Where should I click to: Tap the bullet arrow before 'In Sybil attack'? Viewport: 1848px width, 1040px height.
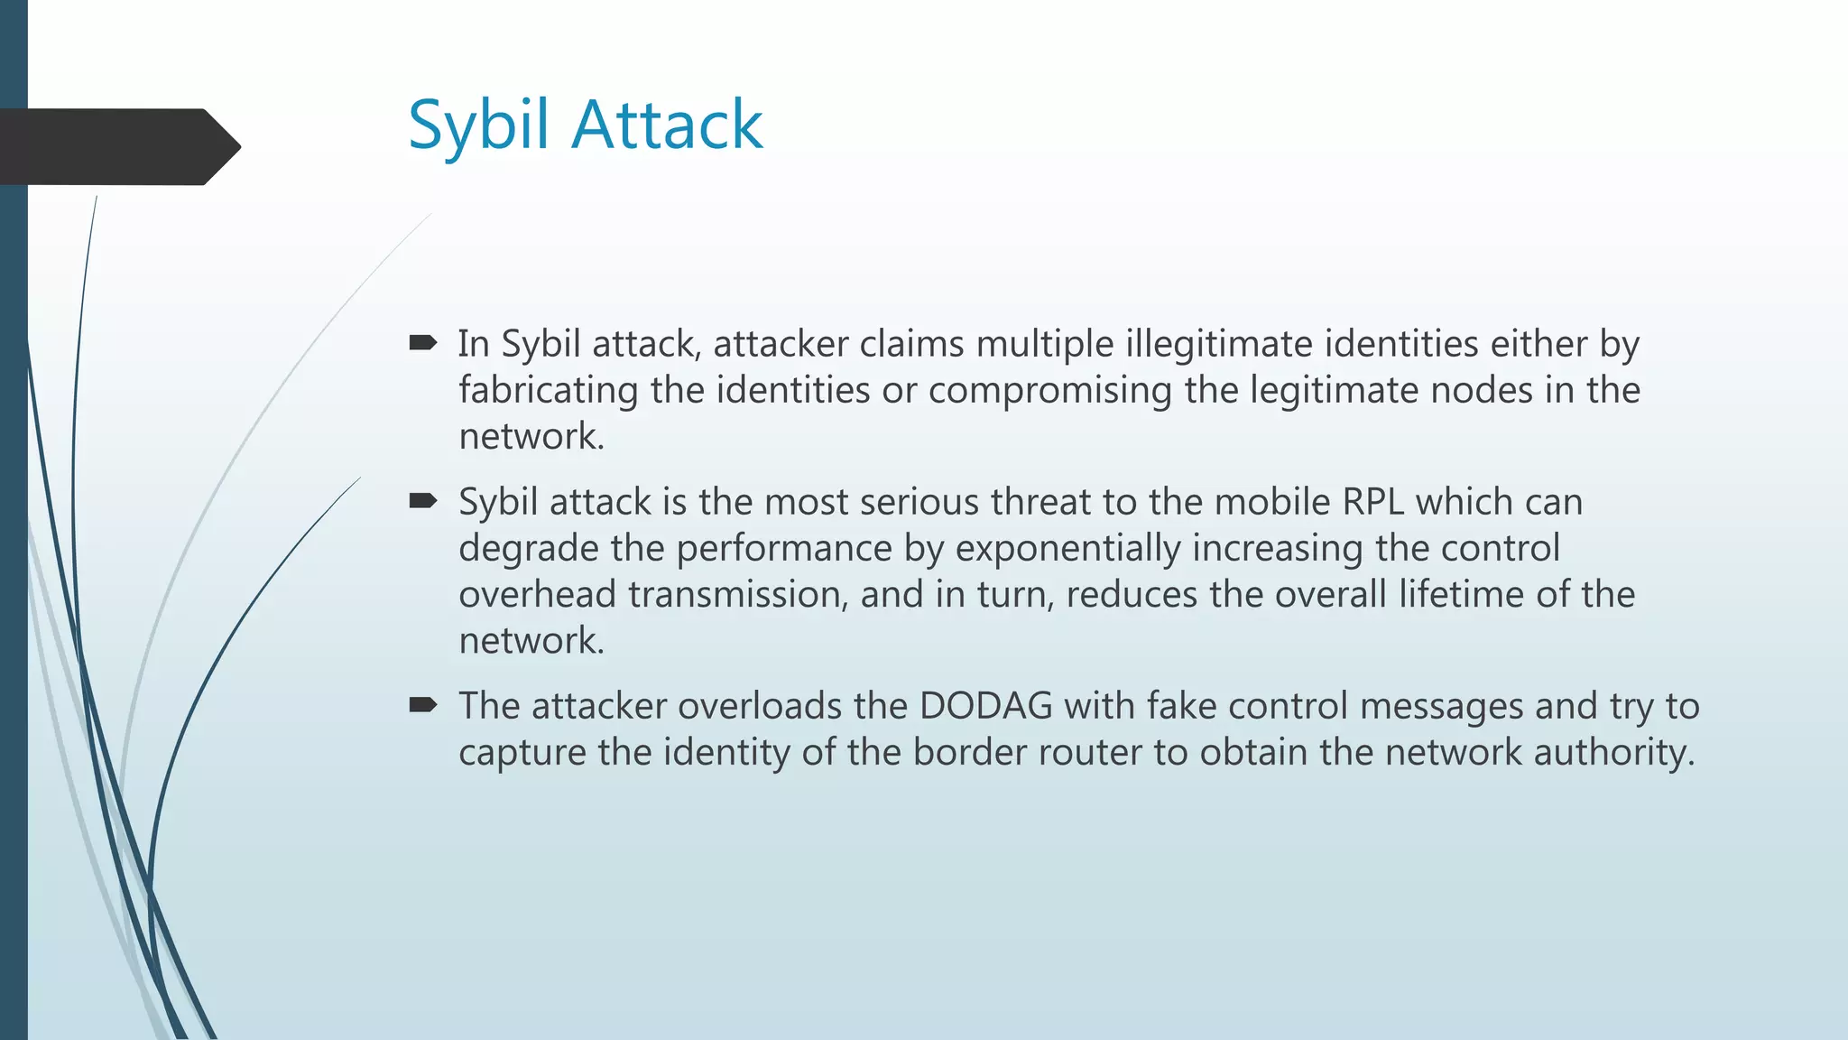pyautogui.click(x=422, y=342)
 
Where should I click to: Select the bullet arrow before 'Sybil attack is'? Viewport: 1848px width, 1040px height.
pyautogui.click(x=422, y=500)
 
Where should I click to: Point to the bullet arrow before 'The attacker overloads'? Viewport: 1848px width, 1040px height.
pyautogui.click(x=422, y=704)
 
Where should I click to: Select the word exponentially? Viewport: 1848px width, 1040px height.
pyautogui.click(x=1067, y=548)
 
